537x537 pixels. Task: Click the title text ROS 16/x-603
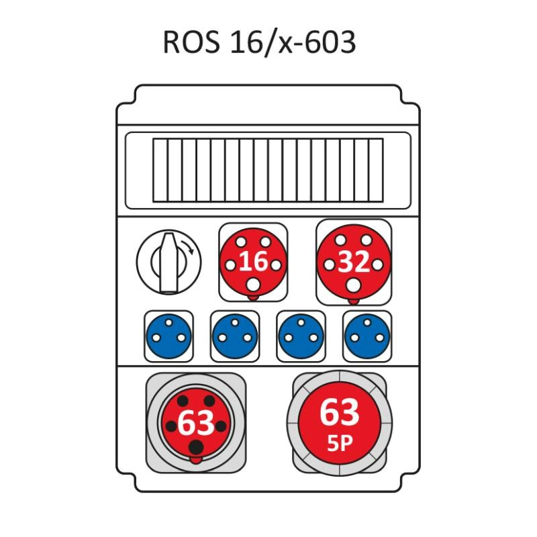(x=259, y=42)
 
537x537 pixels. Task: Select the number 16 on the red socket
(x=253, y=261)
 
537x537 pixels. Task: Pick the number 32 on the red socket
(x=354, y=262)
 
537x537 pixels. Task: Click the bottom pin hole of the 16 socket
(x=253, y=285)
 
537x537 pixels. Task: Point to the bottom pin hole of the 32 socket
(x=354, y=285)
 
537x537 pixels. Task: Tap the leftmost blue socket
(x=168, y=336)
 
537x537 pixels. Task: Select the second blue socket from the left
(x=235, y=336)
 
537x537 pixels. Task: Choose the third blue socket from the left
(x=301, y=336)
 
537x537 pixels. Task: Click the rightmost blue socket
(x=367, y=336)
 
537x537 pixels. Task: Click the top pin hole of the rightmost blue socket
(x=367, y=322)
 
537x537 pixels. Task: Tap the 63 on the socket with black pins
(x=196, y=423)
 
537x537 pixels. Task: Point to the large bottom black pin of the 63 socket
(x=196, y=447)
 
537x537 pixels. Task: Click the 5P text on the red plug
(x=340, y=444)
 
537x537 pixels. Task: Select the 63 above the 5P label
(x=340, y=412)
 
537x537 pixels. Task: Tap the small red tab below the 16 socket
(x=253, y=297)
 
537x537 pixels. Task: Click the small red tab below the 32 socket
(x=354, y=301)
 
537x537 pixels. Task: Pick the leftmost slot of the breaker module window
(x=160, y=170)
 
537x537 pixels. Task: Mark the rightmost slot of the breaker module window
(x=376, y=170)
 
